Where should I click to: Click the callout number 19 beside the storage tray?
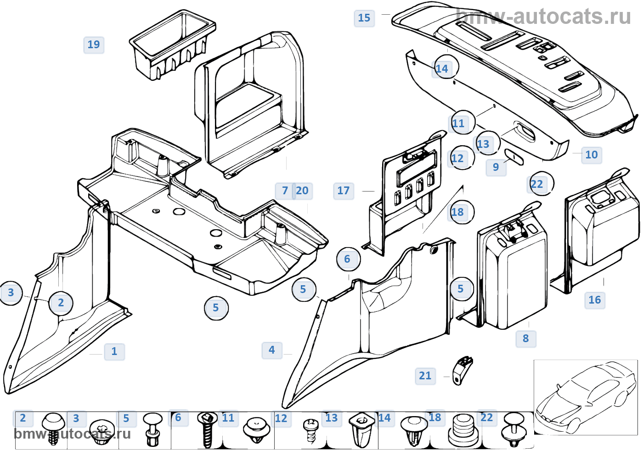[x=94, y=45]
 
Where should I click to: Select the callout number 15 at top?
[x=364, y=18]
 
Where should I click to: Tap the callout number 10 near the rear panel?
[x=592, y=155]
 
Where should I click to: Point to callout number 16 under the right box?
[x=595, y=300]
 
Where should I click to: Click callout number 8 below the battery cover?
[x=526, y=338]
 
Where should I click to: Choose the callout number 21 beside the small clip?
[x=425, y=376]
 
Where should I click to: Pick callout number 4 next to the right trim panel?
[x=272, y=350]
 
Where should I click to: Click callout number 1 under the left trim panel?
[x=114, y=351]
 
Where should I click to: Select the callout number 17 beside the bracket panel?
[x=344, y=191]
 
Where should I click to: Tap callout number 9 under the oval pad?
[x=496, y=167]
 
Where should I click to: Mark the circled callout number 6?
[x=348, y=259]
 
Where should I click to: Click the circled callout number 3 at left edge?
[x=11, y=293]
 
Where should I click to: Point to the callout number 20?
[x=302, y=191]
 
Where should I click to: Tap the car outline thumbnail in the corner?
[x=585, y=397]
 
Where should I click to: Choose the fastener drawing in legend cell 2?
[x=53, y=428]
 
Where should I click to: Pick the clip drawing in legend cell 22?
[x=513, y=429]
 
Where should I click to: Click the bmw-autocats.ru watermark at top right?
[x=544, y=17]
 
